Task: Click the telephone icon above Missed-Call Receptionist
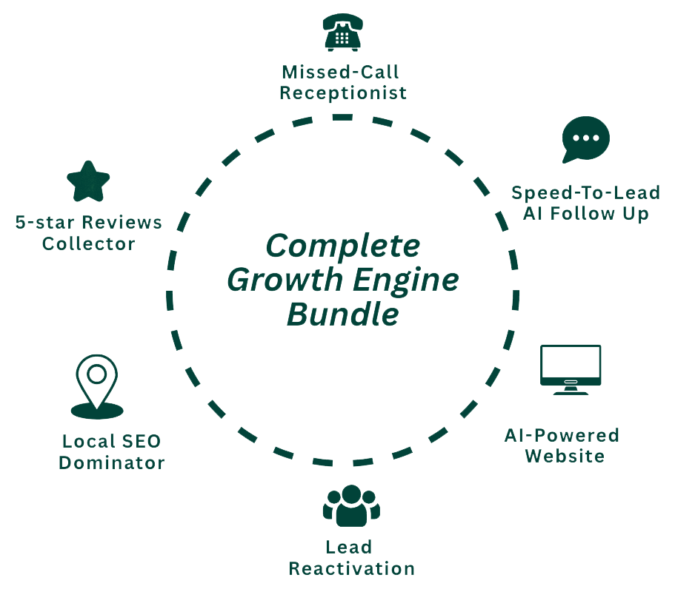342,32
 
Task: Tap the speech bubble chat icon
585,139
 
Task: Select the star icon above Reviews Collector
88,181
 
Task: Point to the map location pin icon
97,387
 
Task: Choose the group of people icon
351,505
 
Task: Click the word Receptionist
343,93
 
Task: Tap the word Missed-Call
340,72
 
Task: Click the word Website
565,456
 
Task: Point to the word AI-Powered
561,434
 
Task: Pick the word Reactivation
351,569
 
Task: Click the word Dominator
111,463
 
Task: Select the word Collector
88,243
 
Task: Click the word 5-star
46,222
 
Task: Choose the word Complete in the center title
343,246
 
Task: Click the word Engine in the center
416,280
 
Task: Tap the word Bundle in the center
343,314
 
